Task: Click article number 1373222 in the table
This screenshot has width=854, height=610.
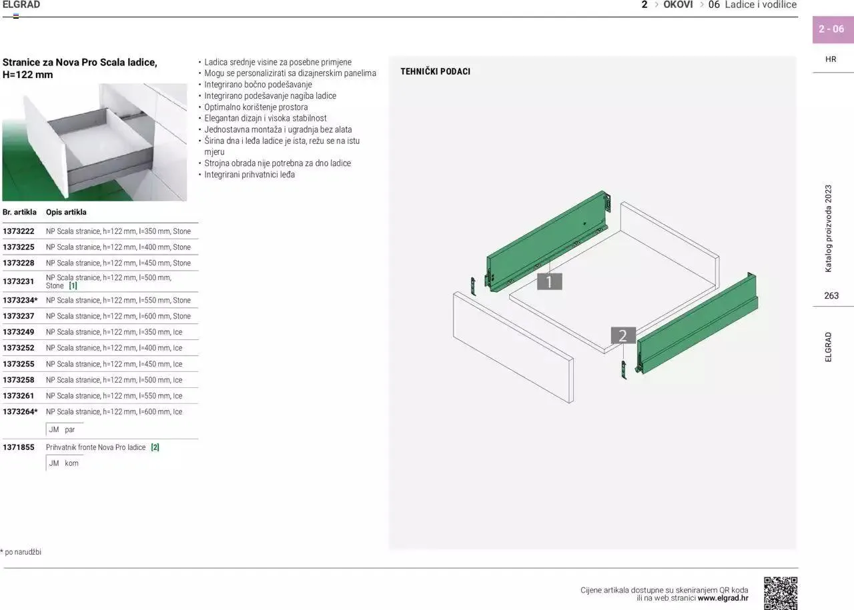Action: (18, 231)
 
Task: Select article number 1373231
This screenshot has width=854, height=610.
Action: (18, 281)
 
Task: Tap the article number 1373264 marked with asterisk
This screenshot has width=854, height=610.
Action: (20, 411)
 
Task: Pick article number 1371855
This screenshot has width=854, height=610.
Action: (18, 447)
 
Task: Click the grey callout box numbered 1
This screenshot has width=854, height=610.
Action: (549, 281)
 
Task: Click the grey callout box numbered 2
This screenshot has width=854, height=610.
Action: (623, 335)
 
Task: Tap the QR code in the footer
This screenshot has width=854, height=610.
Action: (781, 593)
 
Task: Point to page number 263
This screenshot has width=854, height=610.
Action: (831, 295)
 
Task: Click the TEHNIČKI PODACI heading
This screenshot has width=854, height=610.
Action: (436, 71)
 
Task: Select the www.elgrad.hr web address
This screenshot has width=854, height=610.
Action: (723, 598)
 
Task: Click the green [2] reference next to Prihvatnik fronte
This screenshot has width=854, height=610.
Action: (155, 447)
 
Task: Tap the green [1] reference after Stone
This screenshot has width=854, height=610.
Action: (73, 286)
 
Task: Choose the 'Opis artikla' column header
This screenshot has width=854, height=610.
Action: (66, 212)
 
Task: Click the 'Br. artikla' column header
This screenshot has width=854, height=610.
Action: (19, 212)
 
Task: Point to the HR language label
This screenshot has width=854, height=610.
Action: (831, 59)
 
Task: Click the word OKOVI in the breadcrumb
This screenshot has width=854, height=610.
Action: (678, 5)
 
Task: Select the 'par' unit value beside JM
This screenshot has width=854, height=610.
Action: (70, 430)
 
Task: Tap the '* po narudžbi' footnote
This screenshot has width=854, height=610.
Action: (21, 552)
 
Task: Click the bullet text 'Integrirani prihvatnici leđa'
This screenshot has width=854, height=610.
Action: (250, 175)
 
